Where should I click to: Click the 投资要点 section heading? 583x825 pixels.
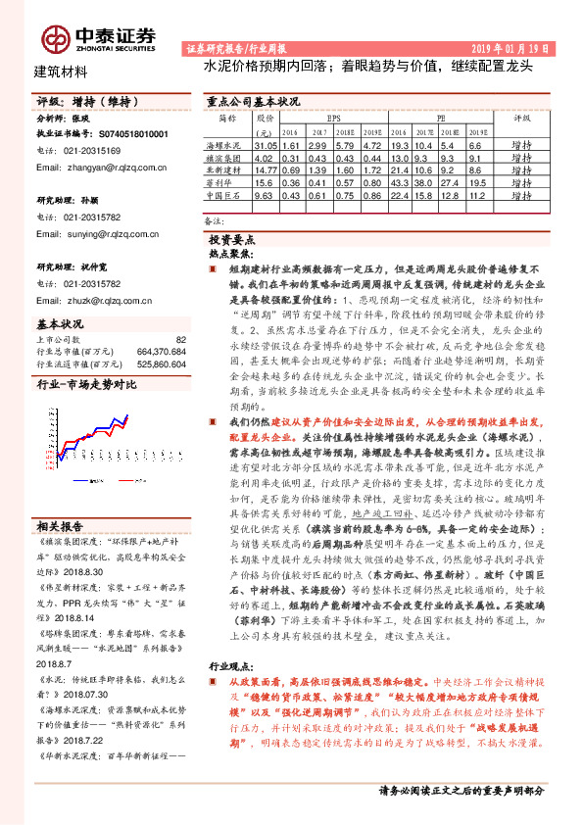(x=232, y=239)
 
